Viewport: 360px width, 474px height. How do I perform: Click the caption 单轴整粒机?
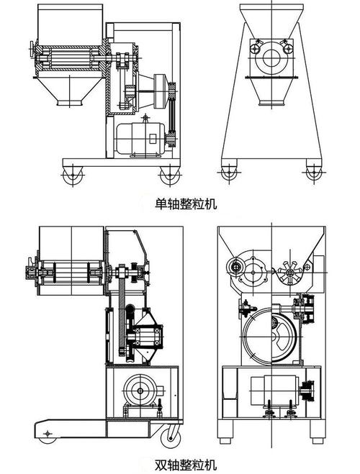186,204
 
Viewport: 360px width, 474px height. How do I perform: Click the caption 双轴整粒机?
186,465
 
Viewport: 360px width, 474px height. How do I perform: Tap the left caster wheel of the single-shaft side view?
73,176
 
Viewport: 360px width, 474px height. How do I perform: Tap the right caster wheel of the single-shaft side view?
170,176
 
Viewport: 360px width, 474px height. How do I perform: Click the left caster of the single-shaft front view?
229,173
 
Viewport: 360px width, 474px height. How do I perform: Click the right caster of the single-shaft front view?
314,173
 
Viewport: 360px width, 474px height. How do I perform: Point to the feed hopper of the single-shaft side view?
70,23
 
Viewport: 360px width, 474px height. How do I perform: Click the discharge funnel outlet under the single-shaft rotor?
70,103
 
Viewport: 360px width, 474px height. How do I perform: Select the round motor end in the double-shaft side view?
140,391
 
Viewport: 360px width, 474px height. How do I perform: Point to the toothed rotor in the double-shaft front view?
289,273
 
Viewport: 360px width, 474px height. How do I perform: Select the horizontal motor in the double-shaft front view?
274,390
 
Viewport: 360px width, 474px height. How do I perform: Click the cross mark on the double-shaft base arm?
48,434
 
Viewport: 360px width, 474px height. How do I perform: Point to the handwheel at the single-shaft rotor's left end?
32,49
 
